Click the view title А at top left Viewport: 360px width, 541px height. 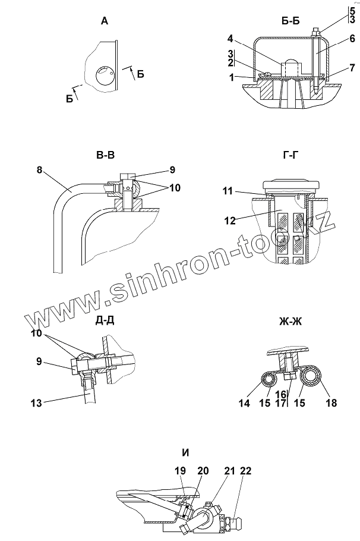coord(105,21)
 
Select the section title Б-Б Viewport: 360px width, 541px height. coord(290,21)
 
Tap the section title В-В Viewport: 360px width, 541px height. coord(105,156)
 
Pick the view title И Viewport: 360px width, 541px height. coord(185,453)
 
